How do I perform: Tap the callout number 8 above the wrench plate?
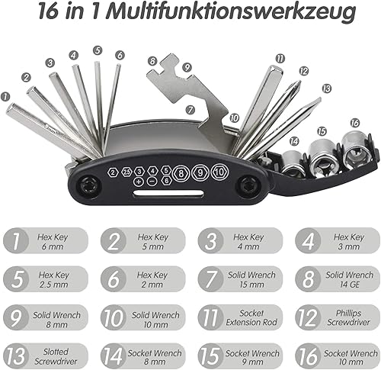click(x=152, y=61)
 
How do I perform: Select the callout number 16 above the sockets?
click(x=355, y=123)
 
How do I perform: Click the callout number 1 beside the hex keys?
click(x=5, y=97)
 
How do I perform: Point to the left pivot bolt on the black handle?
click(x=88, y=186)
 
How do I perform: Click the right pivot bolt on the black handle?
click(x=246, y=186)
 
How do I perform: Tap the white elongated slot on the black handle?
click(x=168, y=193)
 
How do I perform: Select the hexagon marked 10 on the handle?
click(x=219, y=172)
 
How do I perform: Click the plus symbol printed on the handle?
click(x=139, y=182)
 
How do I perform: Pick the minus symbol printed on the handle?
click(x=152, y=181)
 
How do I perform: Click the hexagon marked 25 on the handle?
click(x=126, y=172)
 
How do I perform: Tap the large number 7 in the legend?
click(x=210, y=279)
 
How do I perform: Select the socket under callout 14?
click(x=293, y=163)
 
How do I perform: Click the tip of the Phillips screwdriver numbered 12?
click(x=299, y=82)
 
